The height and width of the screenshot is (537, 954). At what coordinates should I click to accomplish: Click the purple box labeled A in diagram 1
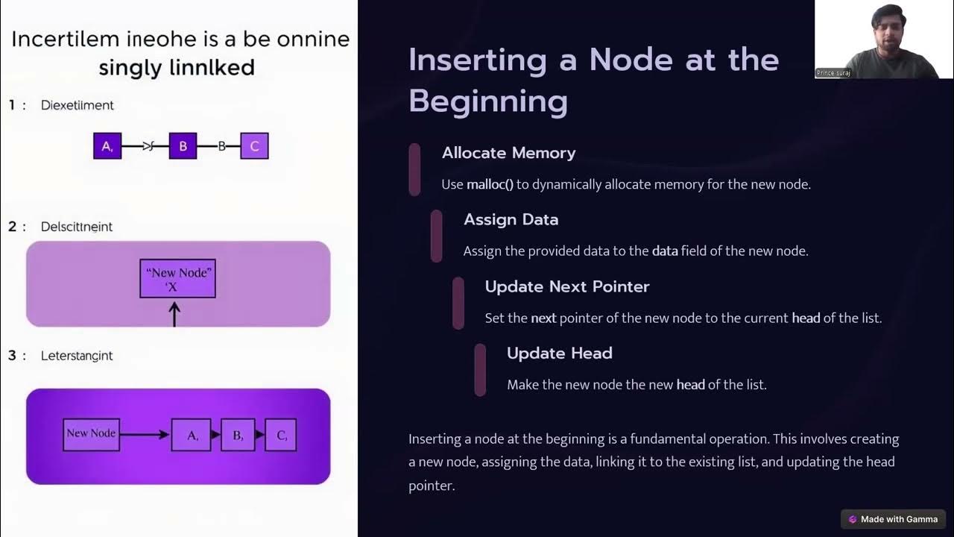[x=107, y=146]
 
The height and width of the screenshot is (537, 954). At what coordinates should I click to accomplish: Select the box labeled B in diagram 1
[x=183, y=146]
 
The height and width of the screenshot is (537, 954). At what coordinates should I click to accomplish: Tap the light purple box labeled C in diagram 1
[x=254, y=146]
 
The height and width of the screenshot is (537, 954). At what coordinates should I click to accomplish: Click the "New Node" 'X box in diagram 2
[x=177, y=278]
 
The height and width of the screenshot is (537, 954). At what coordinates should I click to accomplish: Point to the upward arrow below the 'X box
[x=175, y=313]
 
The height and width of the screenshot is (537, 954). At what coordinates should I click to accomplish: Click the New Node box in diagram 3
[x=91, y=433]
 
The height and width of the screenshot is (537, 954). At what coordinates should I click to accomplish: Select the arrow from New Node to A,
[x=145, y=434]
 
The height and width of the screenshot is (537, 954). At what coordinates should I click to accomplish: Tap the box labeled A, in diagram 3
[x=191, y=435]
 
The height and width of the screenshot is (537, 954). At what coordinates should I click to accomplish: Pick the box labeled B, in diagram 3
[x=238, y=435]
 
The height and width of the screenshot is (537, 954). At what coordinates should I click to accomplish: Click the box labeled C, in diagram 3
[x=281, y=435]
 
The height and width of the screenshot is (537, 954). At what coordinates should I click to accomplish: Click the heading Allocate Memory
[x=508, y=153]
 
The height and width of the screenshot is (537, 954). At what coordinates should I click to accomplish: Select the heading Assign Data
[x=511, y=219]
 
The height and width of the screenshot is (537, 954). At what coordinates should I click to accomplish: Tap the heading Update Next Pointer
[x=567, y=286]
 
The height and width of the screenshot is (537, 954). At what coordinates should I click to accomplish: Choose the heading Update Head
[x=559, y=353]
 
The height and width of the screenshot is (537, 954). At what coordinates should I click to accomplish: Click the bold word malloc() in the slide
[x=490, y=184]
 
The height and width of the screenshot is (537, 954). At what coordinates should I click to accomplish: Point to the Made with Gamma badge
[x=893, y=519]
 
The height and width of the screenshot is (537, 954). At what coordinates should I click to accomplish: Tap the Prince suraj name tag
[x=833, y=73]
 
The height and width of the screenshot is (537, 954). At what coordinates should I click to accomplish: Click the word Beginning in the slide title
[x=488, y=101]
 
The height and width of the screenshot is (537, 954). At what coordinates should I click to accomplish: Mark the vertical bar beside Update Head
[x=480, y=369]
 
